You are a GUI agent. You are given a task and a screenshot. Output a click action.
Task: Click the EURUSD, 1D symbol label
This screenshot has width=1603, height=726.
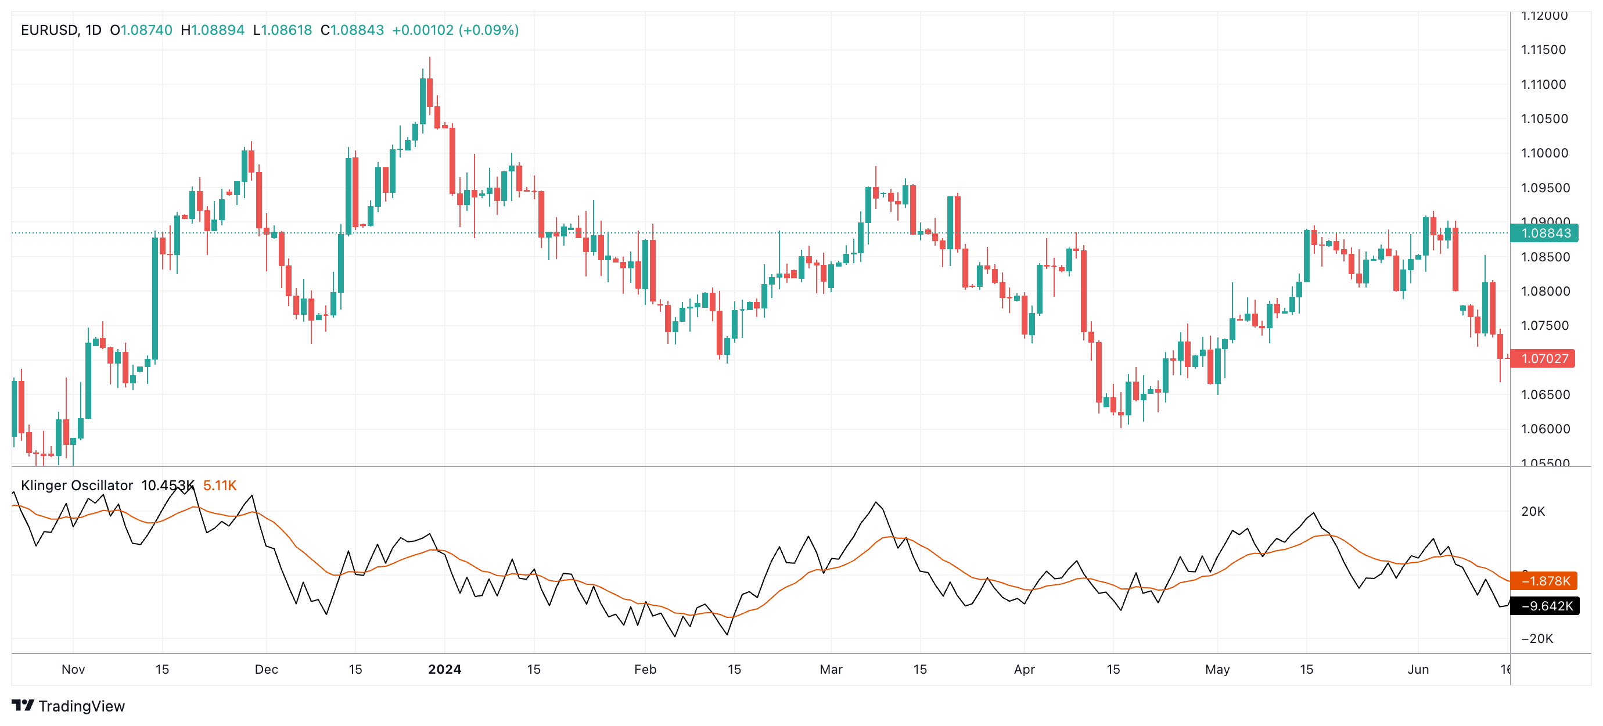tap(61, 30)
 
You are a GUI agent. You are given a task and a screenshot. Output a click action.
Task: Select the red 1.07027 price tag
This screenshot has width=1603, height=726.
tap(1544, 358)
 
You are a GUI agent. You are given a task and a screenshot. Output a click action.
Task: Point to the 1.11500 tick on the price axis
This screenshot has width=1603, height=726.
tap(1543, 50)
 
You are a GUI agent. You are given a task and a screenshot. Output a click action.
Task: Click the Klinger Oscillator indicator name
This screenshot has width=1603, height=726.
tap(77, 485)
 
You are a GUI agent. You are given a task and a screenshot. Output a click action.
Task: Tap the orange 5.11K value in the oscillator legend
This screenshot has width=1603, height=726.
tap(220, 485)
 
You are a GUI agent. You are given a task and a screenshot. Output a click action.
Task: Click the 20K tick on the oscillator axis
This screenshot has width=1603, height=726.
tap(1533, 511)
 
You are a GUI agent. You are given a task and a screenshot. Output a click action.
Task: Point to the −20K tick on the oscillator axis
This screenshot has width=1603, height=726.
tap(1536, 638)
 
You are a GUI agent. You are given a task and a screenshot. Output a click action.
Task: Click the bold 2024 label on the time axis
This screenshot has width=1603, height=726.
tap(444, 670)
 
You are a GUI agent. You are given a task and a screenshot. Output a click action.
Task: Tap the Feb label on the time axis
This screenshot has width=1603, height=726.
tap(645, 670)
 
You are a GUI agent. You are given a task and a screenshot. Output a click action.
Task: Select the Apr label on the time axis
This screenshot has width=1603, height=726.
tap(1023, 670)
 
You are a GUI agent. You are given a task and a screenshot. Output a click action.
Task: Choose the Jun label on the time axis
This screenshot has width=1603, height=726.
tap(1418, 670)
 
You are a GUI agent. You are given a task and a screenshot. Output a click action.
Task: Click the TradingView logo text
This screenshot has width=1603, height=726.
tap(81, 706)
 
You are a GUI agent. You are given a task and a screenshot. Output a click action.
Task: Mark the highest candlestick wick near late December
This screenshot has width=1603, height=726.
tap(429, 60)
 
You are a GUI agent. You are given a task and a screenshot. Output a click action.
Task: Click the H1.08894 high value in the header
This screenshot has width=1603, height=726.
tap(213, 30)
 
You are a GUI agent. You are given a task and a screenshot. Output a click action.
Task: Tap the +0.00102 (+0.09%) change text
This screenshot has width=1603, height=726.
tap(455, 30)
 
